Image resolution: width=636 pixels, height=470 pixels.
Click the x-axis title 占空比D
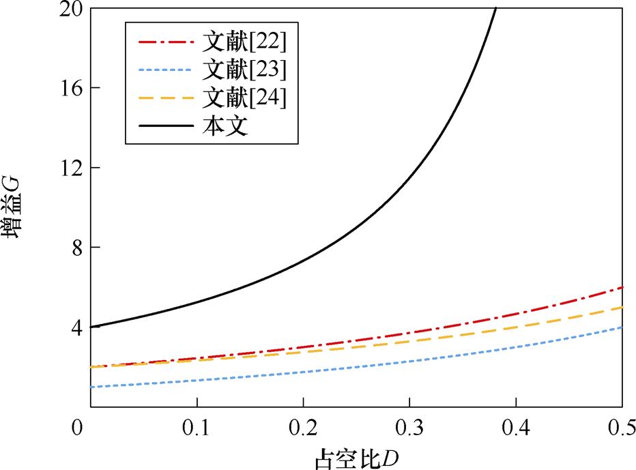coord(356,458)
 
